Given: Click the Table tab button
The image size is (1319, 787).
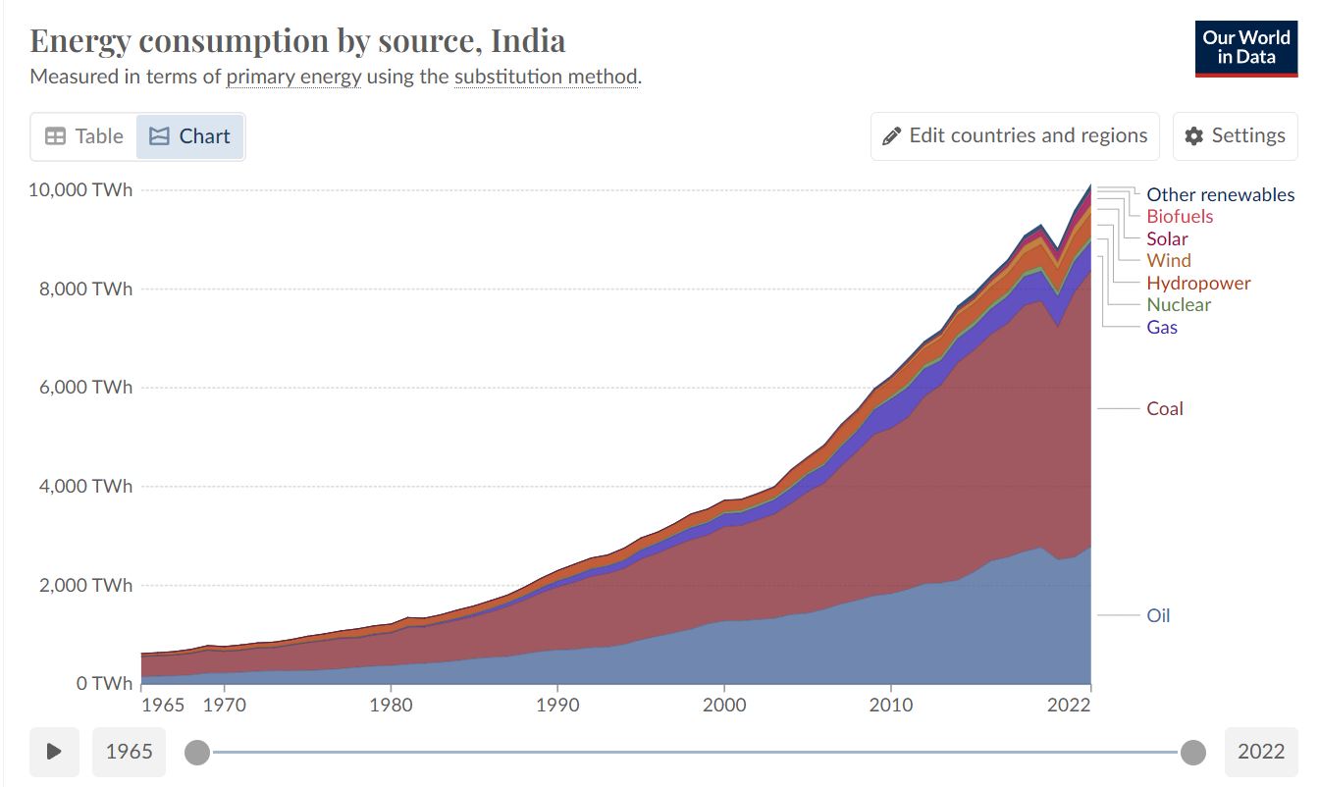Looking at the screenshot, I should coord(84,136).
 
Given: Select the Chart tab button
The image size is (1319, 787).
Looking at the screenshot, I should coord(189,136).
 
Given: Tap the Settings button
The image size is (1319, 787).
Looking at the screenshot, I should coord(1235,136).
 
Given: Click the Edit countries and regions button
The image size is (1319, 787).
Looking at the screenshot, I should coord(1015,136).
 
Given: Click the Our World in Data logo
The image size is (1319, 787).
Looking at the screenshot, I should coord(1246,47).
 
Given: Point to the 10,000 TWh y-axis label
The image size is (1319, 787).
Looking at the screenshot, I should coord(80,189).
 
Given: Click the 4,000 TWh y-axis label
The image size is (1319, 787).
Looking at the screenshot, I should coord(85,486).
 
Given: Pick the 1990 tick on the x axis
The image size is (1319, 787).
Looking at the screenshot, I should coord(557,705).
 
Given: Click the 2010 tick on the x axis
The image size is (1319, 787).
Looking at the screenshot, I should coord(891,705).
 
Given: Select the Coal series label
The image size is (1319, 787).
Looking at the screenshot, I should coord(1165,408).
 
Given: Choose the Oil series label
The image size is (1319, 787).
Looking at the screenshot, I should coord(1158,616).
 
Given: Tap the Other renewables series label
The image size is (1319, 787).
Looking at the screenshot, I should coord(1220,194).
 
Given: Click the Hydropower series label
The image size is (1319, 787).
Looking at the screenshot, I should coord(1198,283).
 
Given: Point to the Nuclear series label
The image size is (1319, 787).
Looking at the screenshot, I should coord(1179,304).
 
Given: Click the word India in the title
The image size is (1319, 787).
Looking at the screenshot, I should coord(528,41).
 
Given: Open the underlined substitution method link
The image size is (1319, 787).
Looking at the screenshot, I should coord(546,77).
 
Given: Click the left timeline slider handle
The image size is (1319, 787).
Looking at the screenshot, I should coord(197,753).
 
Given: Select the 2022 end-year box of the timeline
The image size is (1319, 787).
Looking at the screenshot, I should coord(1260,752).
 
